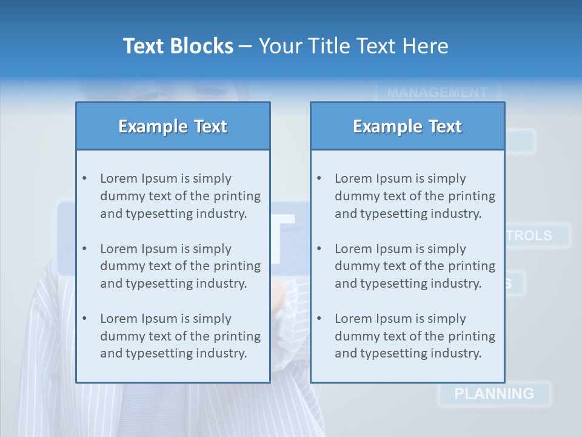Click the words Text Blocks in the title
(178, 46)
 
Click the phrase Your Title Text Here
(353, 46)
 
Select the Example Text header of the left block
(173, 126)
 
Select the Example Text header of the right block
(407, 126)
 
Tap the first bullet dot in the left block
(84, 178)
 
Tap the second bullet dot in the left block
(84, 249)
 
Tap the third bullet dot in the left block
(84, 319)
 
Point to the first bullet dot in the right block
(319, 178)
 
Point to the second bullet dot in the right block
(319, 249)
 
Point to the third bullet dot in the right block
(319, 319)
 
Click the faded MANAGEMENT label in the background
(436, 93)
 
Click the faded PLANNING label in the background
(494, 394)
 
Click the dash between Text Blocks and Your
(246, 46)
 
